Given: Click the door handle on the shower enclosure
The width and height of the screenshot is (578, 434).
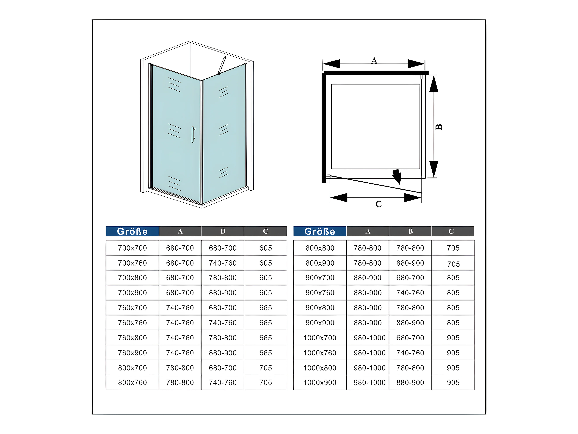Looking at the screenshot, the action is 193,134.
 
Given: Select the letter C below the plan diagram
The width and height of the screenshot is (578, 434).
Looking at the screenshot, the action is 379,204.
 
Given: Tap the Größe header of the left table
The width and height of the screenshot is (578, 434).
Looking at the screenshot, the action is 132,231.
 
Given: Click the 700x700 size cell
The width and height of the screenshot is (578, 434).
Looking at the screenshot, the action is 133,248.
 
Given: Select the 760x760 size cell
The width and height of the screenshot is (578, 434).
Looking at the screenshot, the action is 133,323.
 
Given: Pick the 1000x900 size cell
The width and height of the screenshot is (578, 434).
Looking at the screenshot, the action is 320,382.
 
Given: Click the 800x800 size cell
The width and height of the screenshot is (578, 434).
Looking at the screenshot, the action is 320,248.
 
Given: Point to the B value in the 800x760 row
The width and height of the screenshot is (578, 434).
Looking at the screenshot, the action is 223,382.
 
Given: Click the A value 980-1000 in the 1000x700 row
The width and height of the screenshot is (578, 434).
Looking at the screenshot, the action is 369,338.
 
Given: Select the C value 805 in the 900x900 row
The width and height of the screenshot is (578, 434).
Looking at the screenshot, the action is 453,323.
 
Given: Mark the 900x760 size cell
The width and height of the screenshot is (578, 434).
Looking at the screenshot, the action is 320,293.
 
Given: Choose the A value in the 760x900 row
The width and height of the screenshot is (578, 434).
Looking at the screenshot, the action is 180,353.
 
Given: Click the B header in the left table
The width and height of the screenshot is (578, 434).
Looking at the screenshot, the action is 223,231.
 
